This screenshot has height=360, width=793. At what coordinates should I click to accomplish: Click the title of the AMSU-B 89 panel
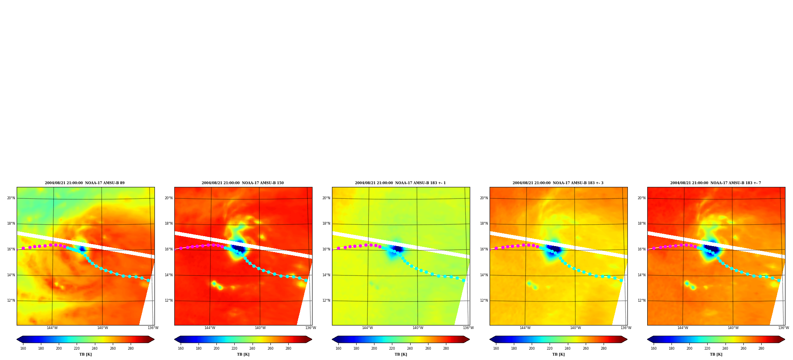(x=85, y=183)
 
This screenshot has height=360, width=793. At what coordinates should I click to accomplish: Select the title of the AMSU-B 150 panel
(x=243, y=183)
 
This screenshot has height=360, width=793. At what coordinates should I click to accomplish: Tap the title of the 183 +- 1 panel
(x=400, y=183)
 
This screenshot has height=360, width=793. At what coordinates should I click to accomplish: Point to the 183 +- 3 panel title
(x=558, y=183)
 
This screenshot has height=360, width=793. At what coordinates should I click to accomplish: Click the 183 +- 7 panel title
(x=716, y=183)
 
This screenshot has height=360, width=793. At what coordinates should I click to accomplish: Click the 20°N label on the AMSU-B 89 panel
(x=11, y=198)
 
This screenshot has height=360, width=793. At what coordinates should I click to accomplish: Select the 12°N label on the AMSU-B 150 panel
(x=169, y=300)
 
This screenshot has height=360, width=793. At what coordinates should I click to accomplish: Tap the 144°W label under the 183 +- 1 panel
(x=367, y=328)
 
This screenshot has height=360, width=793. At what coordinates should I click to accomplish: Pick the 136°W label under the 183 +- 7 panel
(x=783, y=328)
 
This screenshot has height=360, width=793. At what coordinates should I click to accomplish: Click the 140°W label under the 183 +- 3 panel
(x=575, y=328)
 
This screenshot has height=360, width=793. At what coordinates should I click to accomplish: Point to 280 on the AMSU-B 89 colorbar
(x=131, y=348)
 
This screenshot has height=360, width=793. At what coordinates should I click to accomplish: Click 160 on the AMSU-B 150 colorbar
(x=181, y=348)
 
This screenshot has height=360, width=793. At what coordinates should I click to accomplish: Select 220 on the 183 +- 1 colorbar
(x=392, y=348)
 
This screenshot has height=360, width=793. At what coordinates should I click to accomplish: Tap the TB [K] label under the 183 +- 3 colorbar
(x=558, y=354)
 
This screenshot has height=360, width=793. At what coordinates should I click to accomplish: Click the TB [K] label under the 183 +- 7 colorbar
(x=716, y=354)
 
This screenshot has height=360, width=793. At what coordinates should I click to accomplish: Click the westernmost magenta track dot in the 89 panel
(x=23, y=248)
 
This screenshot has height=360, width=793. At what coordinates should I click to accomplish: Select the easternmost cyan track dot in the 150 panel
(x=306, y=280)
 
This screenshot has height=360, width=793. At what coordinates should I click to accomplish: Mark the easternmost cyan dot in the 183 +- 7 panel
(x=779, y=280)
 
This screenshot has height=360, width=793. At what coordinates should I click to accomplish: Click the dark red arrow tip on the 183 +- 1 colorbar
(x=469, y=339)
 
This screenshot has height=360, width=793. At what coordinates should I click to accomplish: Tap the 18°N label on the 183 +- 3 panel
(x=484, y=223)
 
